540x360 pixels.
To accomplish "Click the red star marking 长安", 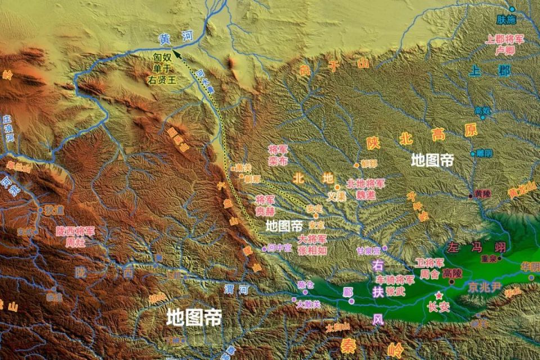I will [438, 296].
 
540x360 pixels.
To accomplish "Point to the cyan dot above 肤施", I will [512, 9].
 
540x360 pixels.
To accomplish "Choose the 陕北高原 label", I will [421, 138].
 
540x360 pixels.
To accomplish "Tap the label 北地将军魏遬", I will [366, 188].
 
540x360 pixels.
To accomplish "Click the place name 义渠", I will [336, 197].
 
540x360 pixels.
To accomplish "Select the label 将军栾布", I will [278, 155].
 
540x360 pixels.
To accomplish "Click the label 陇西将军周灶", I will [75, 236].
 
